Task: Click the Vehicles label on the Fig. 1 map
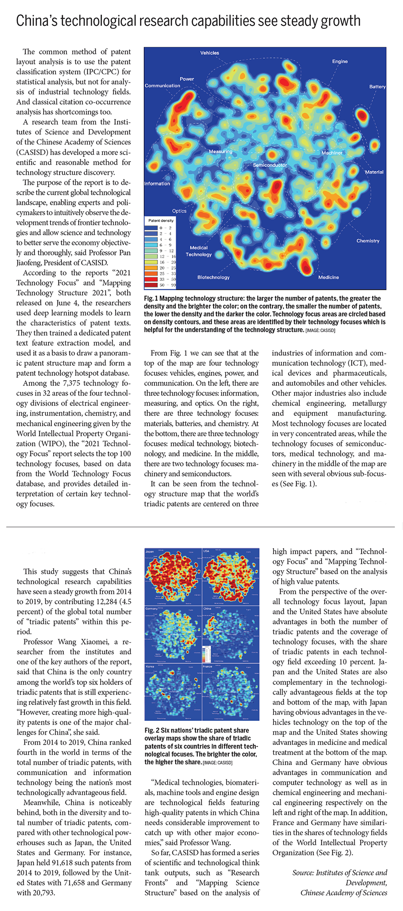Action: pos(210,53)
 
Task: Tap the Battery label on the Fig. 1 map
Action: pos(377,87)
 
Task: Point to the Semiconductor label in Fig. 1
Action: pos(270,165)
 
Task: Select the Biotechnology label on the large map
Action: pos(213,277)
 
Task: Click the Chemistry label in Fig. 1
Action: pos(367,241)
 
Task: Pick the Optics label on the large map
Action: pos(179,211)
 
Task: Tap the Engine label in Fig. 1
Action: pos(340,61)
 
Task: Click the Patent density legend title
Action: pos(161,220)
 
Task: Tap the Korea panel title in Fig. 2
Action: pos(150,667)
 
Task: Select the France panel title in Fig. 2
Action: pos(207,667)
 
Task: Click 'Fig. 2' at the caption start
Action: pos(152,730)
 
